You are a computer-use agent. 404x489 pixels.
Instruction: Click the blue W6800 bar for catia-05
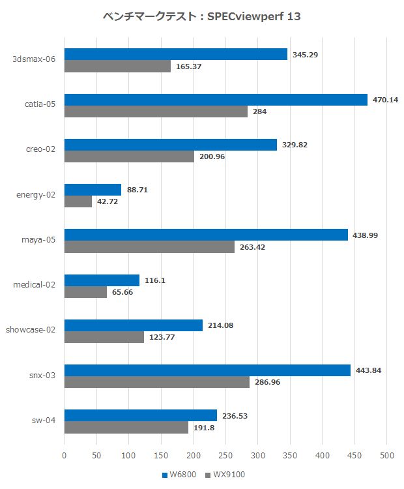click(x=216, y=100)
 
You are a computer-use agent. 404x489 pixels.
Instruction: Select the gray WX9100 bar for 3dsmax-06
click(x=117, y=66)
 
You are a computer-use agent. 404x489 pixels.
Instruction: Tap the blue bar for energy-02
click(x=93, y=190)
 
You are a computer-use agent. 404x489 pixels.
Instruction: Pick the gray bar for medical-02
click(x=85, y=292)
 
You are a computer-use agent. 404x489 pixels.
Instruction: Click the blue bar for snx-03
click(x=207, y=370)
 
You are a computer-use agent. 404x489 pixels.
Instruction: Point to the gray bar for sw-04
click(x=126, y=428)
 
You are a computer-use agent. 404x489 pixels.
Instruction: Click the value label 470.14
click(x=385, y=100)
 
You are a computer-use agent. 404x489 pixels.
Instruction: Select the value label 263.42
click(x=252, y=247)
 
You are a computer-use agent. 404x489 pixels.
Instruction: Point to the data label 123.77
click(x=162, y=338)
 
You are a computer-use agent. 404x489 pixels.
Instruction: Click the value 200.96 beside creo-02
click(x=212, y=156)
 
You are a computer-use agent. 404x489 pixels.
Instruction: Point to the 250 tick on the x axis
click(x=225, y=454)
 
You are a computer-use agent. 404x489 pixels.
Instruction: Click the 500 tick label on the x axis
click(x=387, y=454)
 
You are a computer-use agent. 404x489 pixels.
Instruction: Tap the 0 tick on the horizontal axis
click(x=64, y=454)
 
